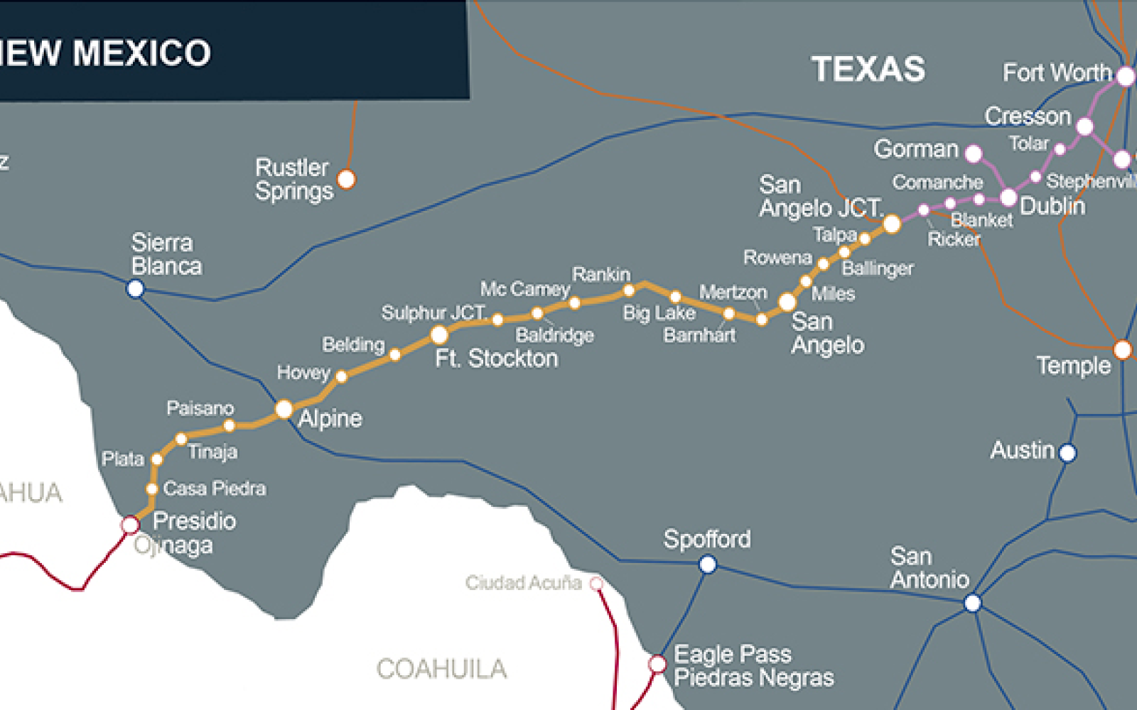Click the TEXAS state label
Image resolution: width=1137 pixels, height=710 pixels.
tap(868, 70)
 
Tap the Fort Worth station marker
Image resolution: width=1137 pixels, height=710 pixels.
tap(1126, 76)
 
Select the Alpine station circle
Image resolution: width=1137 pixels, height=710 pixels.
tap(284, 410)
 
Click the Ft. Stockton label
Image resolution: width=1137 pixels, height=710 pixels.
tap(496, 359)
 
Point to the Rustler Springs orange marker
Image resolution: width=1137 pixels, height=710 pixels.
tap(346, 179)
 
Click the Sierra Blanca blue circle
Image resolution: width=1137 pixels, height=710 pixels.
tap(135, 288)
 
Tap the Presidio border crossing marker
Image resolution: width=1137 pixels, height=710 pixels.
tap(130, 525)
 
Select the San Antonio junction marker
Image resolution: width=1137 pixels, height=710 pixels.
tap(972, 603)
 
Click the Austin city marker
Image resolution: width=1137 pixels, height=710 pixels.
tap(1067, 452)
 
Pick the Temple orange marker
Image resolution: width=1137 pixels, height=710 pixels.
tap(1123, 349)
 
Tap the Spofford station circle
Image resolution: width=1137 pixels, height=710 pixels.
tap(707, 564)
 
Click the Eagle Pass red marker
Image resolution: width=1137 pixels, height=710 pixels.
tap(657, 664)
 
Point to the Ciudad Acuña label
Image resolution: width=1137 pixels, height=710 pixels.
tap(524, 583)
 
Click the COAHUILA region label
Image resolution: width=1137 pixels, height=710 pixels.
tap(441, 669)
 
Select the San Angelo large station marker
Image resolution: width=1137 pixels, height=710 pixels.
tap(787, 302)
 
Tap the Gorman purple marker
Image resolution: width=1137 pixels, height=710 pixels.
tap(974, 153)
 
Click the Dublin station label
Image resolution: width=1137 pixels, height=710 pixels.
tap(1052, 207)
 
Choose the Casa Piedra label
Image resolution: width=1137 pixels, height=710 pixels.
tap(215, 488)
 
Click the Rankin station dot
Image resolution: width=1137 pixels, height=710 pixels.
tap(629, 290)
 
